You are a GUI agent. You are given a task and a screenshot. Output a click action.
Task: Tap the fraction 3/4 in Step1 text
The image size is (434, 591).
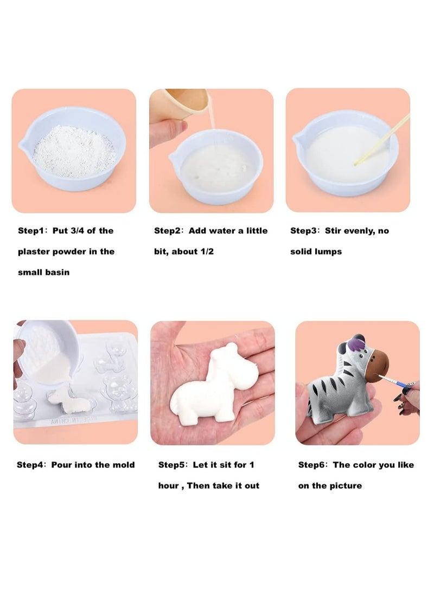[x=75, y=231]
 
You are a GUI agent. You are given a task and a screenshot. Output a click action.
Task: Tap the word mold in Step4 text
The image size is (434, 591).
[x=123, y=465]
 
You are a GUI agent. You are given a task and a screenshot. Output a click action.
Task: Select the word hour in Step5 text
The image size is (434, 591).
[x=168, y=485]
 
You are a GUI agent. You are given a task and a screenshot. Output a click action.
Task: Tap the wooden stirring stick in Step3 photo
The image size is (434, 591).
[x=380, y=140]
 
